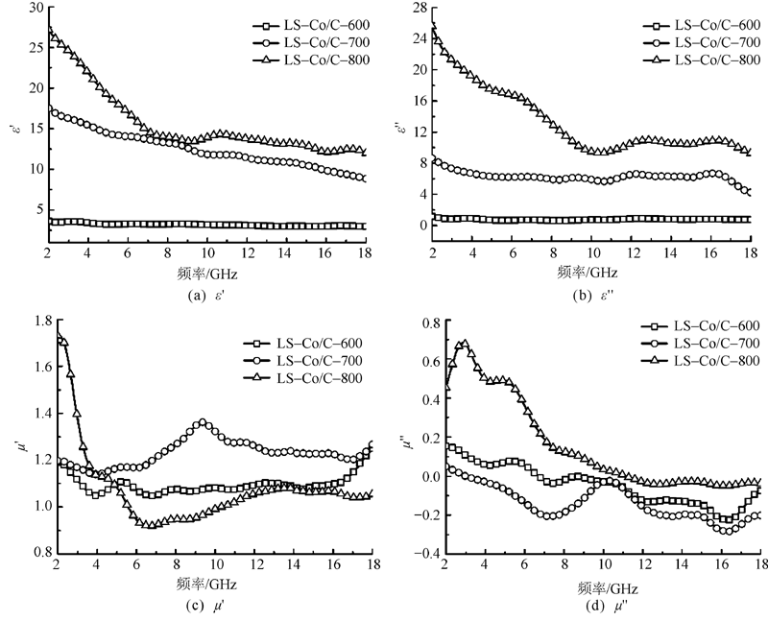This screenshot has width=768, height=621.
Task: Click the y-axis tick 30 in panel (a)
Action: point(35,8)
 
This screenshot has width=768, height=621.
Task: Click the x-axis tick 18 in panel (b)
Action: point(749,252)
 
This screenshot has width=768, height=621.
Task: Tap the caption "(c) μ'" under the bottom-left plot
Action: point(208,608)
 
